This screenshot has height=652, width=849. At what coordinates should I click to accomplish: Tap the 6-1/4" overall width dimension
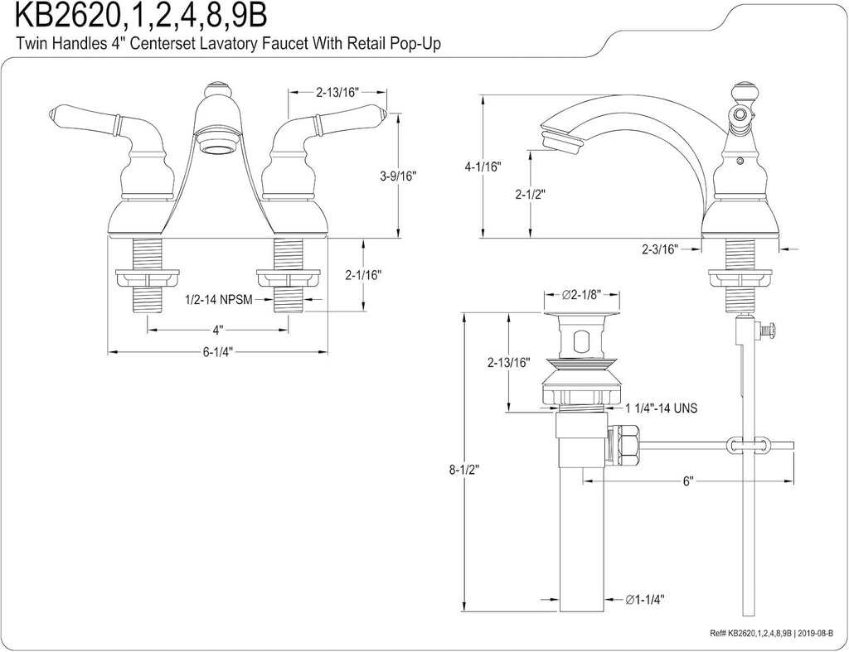pos(217,351)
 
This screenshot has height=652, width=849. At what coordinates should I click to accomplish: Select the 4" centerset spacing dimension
pos(217,329)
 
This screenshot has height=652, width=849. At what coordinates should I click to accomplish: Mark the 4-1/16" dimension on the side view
pos(483,167)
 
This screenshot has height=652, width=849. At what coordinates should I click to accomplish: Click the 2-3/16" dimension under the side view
pos(659,249)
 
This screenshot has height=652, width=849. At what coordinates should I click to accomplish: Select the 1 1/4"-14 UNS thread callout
pos(662,408)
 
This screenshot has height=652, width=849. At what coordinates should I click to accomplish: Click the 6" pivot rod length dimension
pos(688,481)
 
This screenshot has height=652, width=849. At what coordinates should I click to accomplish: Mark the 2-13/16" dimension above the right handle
pos(337,93)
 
